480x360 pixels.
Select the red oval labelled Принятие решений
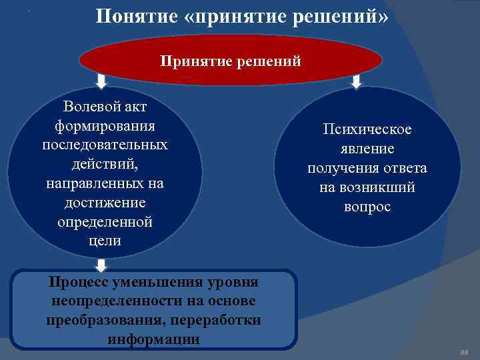point(231,61)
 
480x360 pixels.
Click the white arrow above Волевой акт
point(101,81)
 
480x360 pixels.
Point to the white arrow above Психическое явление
point(356,81)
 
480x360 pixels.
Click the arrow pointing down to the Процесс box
point(101,265)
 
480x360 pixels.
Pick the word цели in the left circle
point(105,240)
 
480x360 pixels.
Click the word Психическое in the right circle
point(367,129)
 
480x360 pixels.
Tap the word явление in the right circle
point(367,149)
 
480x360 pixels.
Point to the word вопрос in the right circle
point(367,207)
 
